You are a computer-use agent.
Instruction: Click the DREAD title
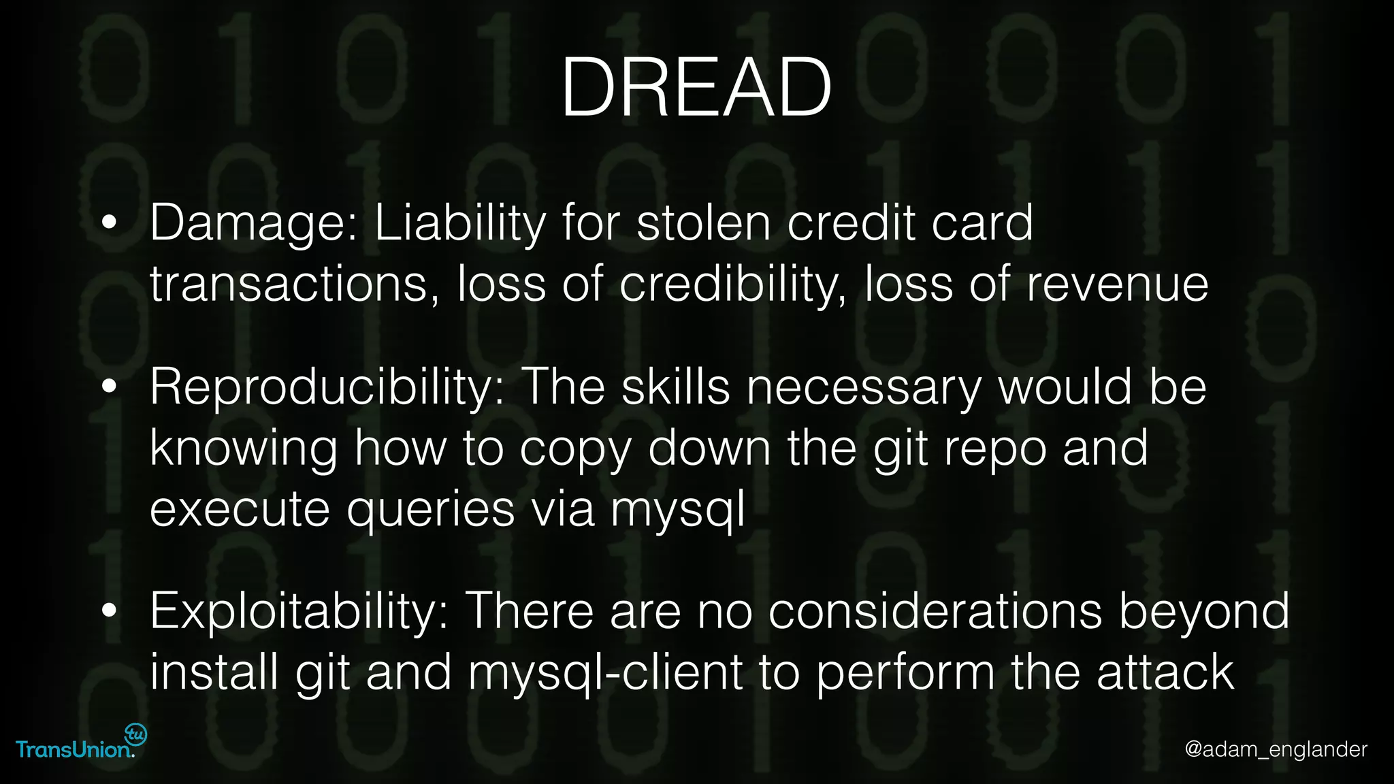point(696,88)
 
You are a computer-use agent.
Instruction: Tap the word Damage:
point(253,223)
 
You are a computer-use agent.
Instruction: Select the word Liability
point(460,223)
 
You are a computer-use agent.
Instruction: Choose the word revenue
point(1117,284)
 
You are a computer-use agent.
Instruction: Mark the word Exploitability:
point(299,611)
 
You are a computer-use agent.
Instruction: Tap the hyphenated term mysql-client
point(605,672)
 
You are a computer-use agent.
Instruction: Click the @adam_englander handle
point(1276,749)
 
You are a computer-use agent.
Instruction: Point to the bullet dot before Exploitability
point(109,610)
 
